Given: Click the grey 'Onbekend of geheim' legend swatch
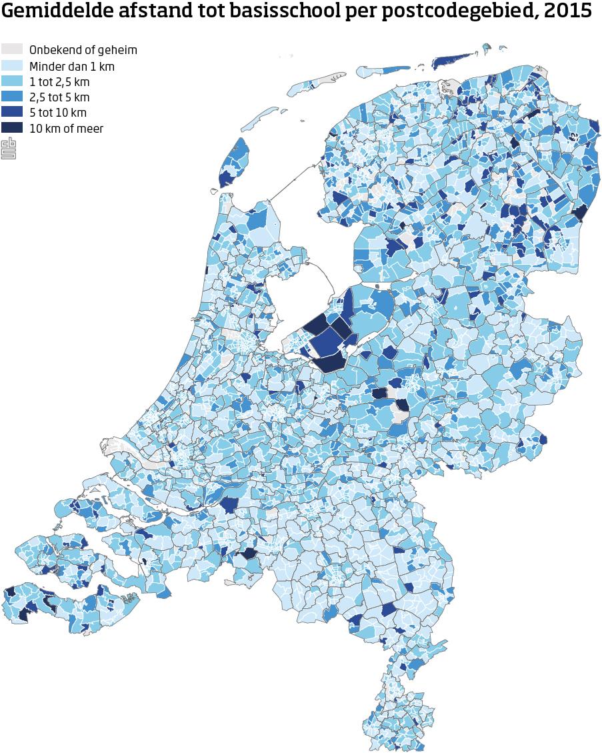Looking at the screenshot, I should tap(12, 50).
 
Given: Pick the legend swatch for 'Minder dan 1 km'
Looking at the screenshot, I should tap(12, 66).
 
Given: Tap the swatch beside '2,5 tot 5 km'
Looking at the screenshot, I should tap(12, 97).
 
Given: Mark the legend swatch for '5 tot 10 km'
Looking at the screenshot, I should tap(12, 113).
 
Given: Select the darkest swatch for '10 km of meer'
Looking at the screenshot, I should tap(12, 128).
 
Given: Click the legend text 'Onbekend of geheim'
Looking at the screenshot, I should tap(83, 50).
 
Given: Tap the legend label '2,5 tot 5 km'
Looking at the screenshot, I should tap(59, 97).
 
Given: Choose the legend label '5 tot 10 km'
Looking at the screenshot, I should tap(58, 113).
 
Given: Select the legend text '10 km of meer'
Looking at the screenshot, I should tap(66, 128).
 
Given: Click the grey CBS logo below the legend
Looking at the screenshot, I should tap(9, 148).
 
